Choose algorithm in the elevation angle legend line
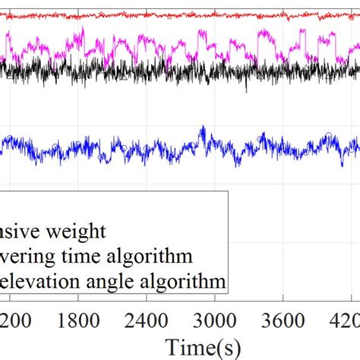click(184, 283)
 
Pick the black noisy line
click(152, 73)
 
